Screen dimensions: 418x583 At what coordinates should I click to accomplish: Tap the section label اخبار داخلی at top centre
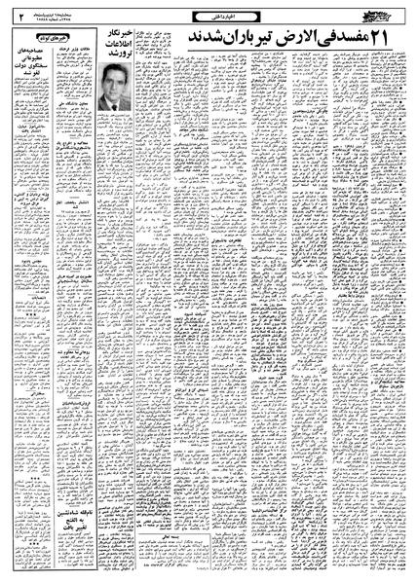(x=209, y=14)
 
